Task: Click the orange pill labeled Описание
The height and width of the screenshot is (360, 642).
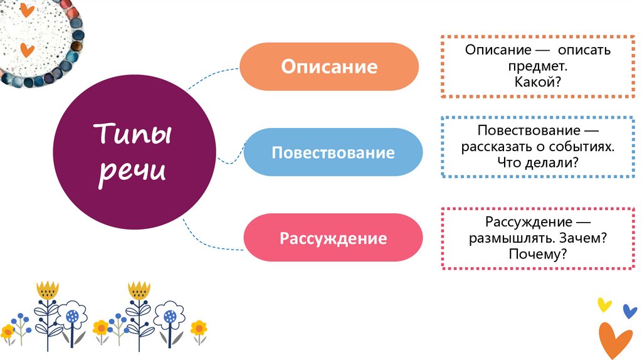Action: [329, 66]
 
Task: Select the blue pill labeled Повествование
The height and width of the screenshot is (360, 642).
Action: [333, 152]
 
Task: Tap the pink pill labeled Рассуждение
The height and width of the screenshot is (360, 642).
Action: [333, 238]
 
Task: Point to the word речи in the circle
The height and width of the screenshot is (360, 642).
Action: [132, 171]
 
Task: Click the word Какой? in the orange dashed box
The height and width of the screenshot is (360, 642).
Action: [537, 80]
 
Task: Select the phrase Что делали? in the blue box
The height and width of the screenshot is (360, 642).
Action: [537, 162]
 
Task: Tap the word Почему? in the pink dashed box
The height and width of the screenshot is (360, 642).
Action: [537, 254]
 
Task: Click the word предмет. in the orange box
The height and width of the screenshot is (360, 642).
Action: [537, 65]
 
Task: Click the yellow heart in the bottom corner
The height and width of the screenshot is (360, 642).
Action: [604, 305]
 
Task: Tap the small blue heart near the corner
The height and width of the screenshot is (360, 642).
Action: [629, 311]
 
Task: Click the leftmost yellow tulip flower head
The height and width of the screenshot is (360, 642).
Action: [47, 290]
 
